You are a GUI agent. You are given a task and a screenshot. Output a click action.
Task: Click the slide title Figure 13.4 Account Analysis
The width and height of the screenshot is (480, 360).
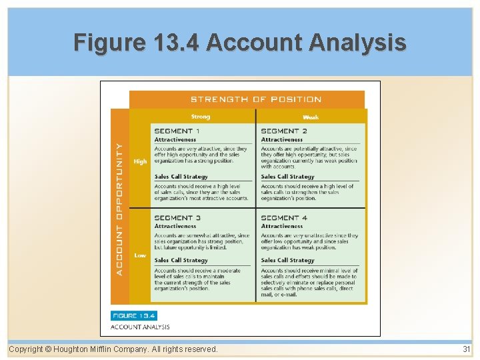tap(239, 43)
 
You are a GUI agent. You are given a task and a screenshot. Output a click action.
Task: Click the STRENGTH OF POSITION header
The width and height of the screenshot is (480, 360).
tap(256, 99)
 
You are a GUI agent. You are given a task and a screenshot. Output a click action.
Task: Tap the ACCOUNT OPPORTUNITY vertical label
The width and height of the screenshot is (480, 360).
tap(119, 208)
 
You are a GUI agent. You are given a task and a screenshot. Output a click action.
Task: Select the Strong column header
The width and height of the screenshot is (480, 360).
tap(200, 117)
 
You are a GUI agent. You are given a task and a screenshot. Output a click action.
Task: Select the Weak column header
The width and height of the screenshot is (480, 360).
tap(310, 117)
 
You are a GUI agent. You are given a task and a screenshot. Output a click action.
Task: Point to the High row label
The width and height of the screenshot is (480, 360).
tap(140, 161)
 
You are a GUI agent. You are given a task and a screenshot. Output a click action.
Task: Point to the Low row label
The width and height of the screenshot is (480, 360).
tap(140, 255)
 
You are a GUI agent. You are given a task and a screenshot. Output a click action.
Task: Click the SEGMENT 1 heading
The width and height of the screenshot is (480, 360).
tap(177, 131)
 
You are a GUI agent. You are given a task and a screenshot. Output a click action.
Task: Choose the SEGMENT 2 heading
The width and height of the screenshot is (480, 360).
tap(284, 131)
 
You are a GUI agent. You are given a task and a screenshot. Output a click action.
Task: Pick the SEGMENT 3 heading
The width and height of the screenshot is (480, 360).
tap(177, 218)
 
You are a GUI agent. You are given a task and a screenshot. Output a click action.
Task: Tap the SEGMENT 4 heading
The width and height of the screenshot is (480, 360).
tap(284, 218)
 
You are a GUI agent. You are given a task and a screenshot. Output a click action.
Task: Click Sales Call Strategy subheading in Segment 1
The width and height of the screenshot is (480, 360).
tap(181, 177)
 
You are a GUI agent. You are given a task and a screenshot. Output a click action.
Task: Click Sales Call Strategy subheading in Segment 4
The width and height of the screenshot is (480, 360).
tap(287, 260)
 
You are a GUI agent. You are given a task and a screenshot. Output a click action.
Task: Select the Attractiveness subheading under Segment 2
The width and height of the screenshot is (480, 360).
tap(281, 139)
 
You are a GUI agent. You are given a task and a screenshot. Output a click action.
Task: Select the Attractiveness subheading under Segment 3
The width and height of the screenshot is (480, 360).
tap(175, 226)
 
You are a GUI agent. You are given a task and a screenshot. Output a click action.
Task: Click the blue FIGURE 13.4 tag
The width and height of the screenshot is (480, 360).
tap(134, 315)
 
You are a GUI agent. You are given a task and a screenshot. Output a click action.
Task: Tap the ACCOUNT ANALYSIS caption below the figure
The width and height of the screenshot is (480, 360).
tap(140, 327)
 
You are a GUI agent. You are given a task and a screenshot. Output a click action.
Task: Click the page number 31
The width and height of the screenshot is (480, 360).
tap(466, 349)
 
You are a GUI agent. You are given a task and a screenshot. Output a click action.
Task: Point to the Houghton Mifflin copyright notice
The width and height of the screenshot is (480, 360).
tap(113, 349)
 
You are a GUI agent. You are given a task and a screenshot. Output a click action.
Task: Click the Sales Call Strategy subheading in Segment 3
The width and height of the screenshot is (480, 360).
tap(181, 260)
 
